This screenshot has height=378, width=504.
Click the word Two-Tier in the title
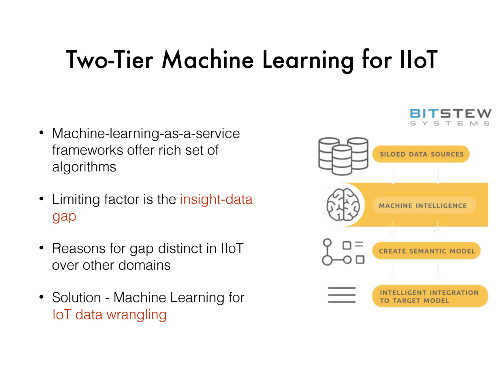(109, 59)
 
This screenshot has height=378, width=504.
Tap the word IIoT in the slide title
(418, 59)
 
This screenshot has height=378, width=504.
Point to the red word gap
(64, 217)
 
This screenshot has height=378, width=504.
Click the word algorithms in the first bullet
(84, 167)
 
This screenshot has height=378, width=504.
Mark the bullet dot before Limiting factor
(41, 198)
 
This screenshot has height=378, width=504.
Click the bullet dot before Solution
(41, 297)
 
